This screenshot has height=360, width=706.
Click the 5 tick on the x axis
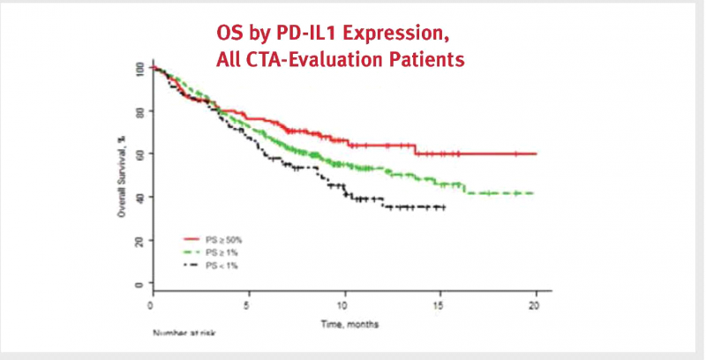(x=249, y=305)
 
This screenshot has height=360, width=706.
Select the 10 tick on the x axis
(x=345, y=305)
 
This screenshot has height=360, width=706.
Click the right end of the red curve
(x=537, y=154)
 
